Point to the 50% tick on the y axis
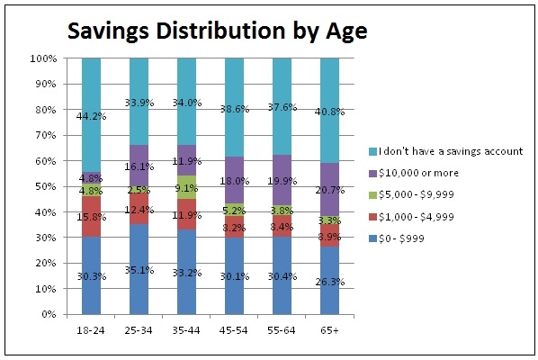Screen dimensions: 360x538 pyautogui.click(x=45, y=187)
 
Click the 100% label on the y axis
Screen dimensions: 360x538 pyautogui.click(x=42, y=58)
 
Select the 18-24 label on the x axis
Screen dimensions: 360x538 pyautogui.click(x=91, y=329)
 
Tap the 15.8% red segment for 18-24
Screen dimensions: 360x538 pyautogui.click(x=91, y=217)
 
